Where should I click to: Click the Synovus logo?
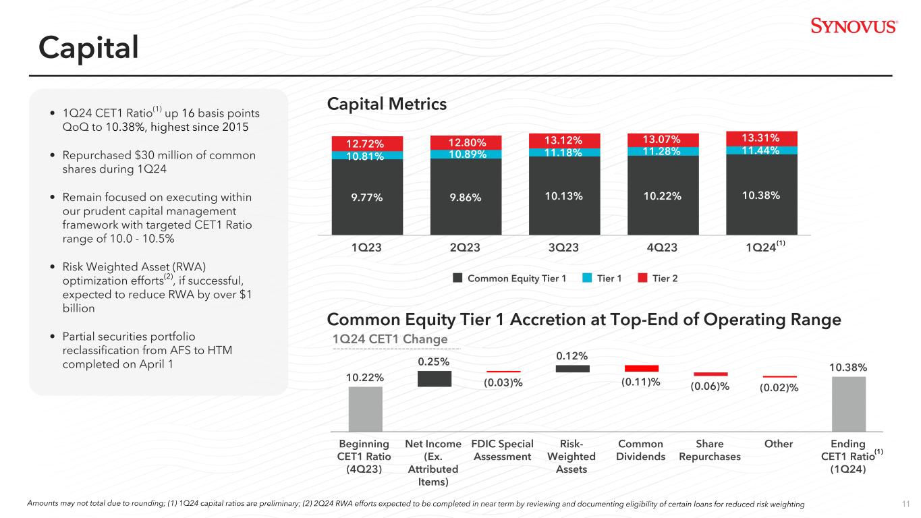pyautogui.click(x=854, y=26)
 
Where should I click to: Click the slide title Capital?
pyautogui.click(x=88, y=47)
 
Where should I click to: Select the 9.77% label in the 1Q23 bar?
pyautogui.click(x=367, y=198)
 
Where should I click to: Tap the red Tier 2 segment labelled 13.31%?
pyautogui.click(x=762, y=138)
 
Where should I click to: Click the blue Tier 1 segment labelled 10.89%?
pyautogui.click(x=466, y=154)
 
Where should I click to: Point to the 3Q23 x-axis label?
pyautogui.click(x=563, y=248)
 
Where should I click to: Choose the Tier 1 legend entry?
pyautogui.click(x=602, y=279)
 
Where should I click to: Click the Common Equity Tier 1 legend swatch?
pyautogui.click(x=457, y=278)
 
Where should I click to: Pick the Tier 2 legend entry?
pyautogui.click(x=657, y=279)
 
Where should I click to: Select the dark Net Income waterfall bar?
pyautogui.click(x=435, y=378)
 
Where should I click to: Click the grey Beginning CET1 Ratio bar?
pyautogui.click(x=365, y=409)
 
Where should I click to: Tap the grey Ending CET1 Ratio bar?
pyautogui.click(x=849, y=404)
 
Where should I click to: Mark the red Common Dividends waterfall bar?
pyautogui.click(x=642, y=368)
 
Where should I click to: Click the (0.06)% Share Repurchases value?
pyautogui.click(x=710, y=386)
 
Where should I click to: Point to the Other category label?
pyautogui.click(x=779, y=444)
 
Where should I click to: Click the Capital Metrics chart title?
pyautogui.click(x=387, y=104)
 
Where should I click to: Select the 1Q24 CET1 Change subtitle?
pyautogui.click(x=390, y=339)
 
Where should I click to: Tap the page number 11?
pyautogui.click(x=905, y=504)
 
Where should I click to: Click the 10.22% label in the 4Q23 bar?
pyautogui.click(x=663, y=196)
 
